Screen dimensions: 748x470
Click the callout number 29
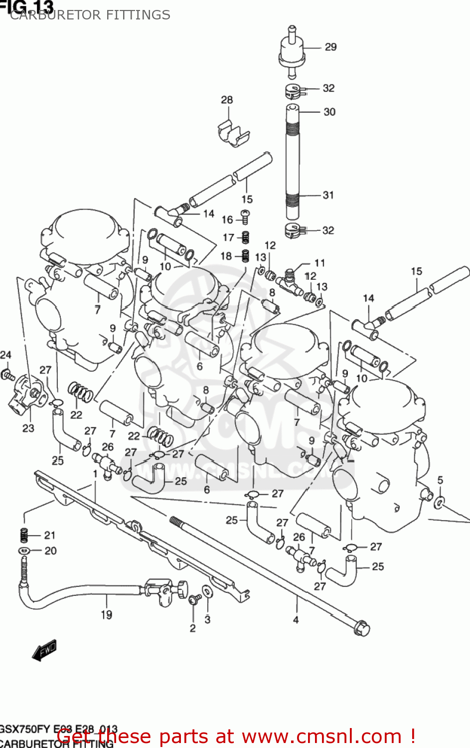(x=330, y=47)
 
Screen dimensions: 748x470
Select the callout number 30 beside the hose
(x=329, y=112)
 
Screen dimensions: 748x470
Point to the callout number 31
(x=328, y=195)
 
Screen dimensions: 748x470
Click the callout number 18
(x=226, y=256)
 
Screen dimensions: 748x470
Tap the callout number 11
(x=319, y=263)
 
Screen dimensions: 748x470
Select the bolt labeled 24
(x=7, y=374)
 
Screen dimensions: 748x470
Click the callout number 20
(x=50, y=551)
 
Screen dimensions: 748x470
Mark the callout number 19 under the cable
(x=107, y=615)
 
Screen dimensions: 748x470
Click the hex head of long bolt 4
(x=362, y=628)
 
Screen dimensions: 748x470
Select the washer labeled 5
(x=439, y=502)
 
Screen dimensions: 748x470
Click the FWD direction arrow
(x=44, y=650)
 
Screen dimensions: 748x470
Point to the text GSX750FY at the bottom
(x=24, y=729)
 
